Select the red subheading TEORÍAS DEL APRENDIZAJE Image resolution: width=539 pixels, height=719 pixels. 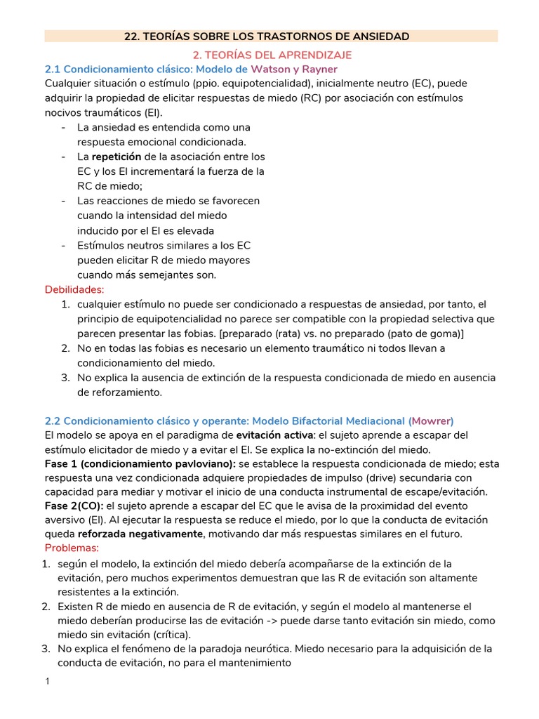[x=272, y=54]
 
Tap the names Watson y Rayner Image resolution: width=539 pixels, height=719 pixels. [x=294, y=69]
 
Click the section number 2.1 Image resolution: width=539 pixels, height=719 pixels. [x=53, y=69]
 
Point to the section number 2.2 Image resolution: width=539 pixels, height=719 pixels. [x=53, y=421]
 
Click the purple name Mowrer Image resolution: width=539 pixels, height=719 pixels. [x=431, y=421]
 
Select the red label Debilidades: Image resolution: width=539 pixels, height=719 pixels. [x=74, y=289]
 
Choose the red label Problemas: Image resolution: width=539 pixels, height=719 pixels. [x=72, y=548]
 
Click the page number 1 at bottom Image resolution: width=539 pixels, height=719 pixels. [x=46, y=682]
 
